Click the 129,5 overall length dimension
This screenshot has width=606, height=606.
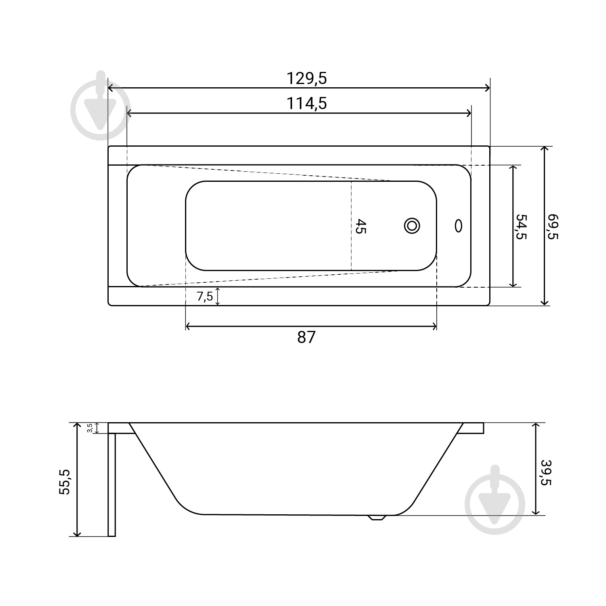point(307,78)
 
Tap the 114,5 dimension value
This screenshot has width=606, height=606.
point(307,103)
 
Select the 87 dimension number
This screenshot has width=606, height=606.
point(306,337)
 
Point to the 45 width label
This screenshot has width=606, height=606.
point(360,226)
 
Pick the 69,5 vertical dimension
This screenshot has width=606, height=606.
point(552,227)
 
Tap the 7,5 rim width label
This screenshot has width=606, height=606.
point(205,297)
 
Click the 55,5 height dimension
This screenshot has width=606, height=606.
point(65,482)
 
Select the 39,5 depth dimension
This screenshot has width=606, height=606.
point(546,473)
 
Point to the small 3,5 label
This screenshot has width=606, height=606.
point(90,428)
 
